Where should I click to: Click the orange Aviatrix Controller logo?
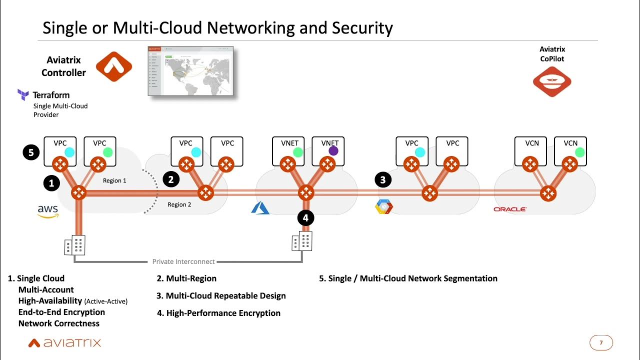click(x=113, y=66)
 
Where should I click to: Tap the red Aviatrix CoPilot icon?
click(x=552, y=82)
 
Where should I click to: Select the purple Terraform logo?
click(x=23, y=94)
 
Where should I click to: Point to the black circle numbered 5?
click(x=31, y=152)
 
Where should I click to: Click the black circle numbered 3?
click(x=383, y=180)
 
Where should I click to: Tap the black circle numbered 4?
click(x=306, y=217)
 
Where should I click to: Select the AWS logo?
click(x=48, y=211)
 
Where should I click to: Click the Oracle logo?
click(x=509, y=209)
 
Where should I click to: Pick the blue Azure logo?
click(x=260, y=207)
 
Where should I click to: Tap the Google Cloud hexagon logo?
click(x=384, y=207)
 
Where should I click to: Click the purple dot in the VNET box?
click(x=333, y=151)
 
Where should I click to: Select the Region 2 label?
click(x=179, y=204)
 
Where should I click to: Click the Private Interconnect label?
click(x=183, y=261)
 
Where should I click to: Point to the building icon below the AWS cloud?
click(x=74, y=245)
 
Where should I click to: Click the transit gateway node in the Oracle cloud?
click(x=548, y=193)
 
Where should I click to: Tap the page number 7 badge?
click(x=601, y=342)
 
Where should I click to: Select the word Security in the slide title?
click(x=361, y=27)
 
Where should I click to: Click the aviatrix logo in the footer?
click(x=64, y=342)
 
